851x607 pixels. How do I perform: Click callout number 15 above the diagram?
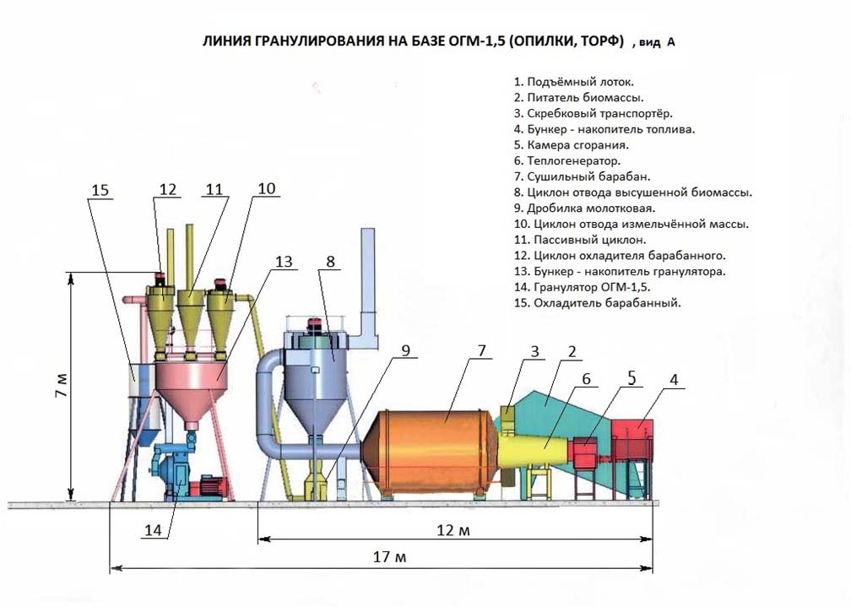tap(100, 191)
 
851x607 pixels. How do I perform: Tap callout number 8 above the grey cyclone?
tap(330, 262)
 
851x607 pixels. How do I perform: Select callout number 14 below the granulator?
tap(153, 529)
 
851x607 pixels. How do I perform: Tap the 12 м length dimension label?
tap(453, 530)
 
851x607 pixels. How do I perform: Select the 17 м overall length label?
tap(389, 557)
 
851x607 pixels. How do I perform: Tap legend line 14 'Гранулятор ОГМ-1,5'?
tap(592, 287)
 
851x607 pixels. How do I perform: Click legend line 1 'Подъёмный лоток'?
tap(573, 82)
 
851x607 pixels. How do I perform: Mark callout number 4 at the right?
tap(673, 381)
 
